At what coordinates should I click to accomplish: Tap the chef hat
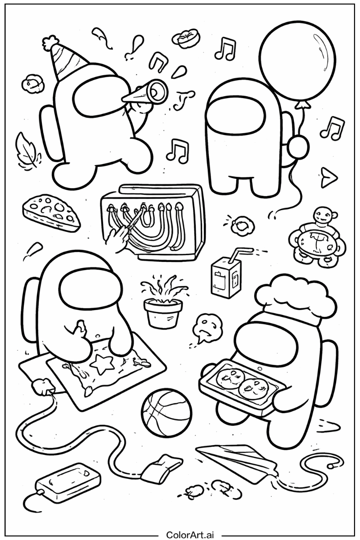(295, 298)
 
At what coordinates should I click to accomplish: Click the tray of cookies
(241, 387)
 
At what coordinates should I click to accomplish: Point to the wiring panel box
(153, 222)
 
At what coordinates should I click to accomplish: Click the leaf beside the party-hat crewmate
(28, 151)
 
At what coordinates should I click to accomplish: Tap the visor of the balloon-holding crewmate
(235, 115)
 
